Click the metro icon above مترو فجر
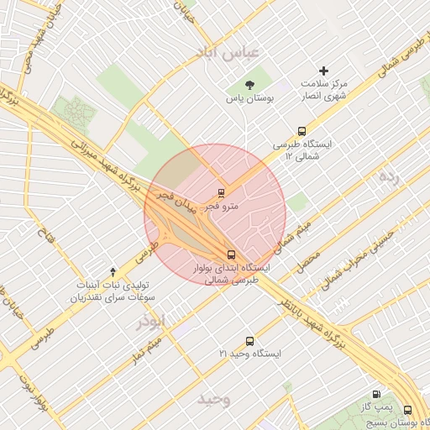[222, 192]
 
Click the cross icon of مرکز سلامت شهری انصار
[324, 71]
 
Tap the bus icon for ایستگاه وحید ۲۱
[249, 341]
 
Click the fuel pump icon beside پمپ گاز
[375, 394]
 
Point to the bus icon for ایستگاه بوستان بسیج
[407, 410]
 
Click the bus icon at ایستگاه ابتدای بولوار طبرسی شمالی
[230, 254]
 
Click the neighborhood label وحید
[214, 400]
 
